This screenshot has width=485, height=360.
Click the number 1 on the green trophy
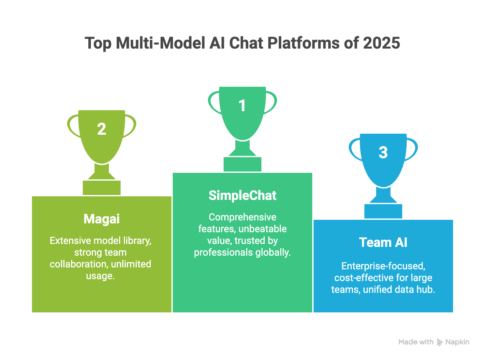pyautogui.click(x=242, y=106)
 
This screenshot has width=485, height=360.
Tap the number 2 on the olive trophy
pyautogui.click(x=102, y=129)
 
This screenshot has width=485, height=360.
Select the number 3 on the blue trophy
pyautogui.click(x=383, y=153)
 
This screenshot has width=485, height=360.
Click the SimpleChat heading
pyautogui.click(x=242, y=196)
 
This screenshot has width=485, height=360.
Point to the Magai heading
pyautogui.click(x=102, y=219)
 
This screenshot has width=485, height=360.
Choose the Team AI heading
pyautogui.click(x=383, y=243)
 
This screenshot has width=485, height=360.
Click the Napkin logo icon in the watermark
pyautogui.click(x=440, y=342)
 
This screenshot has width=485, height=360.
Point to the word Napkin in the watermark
pyautogui.click(x=457, y=342)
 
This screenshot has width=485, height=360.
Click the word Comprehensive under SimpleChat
pyautogui.click(x=242, y=217)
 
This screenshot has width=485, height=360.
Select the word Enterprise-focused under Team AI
pyautogui.click(x=383, y=266)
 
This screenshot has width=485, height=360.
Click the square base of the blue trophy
pyautogui.click(x=383, y=211)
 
